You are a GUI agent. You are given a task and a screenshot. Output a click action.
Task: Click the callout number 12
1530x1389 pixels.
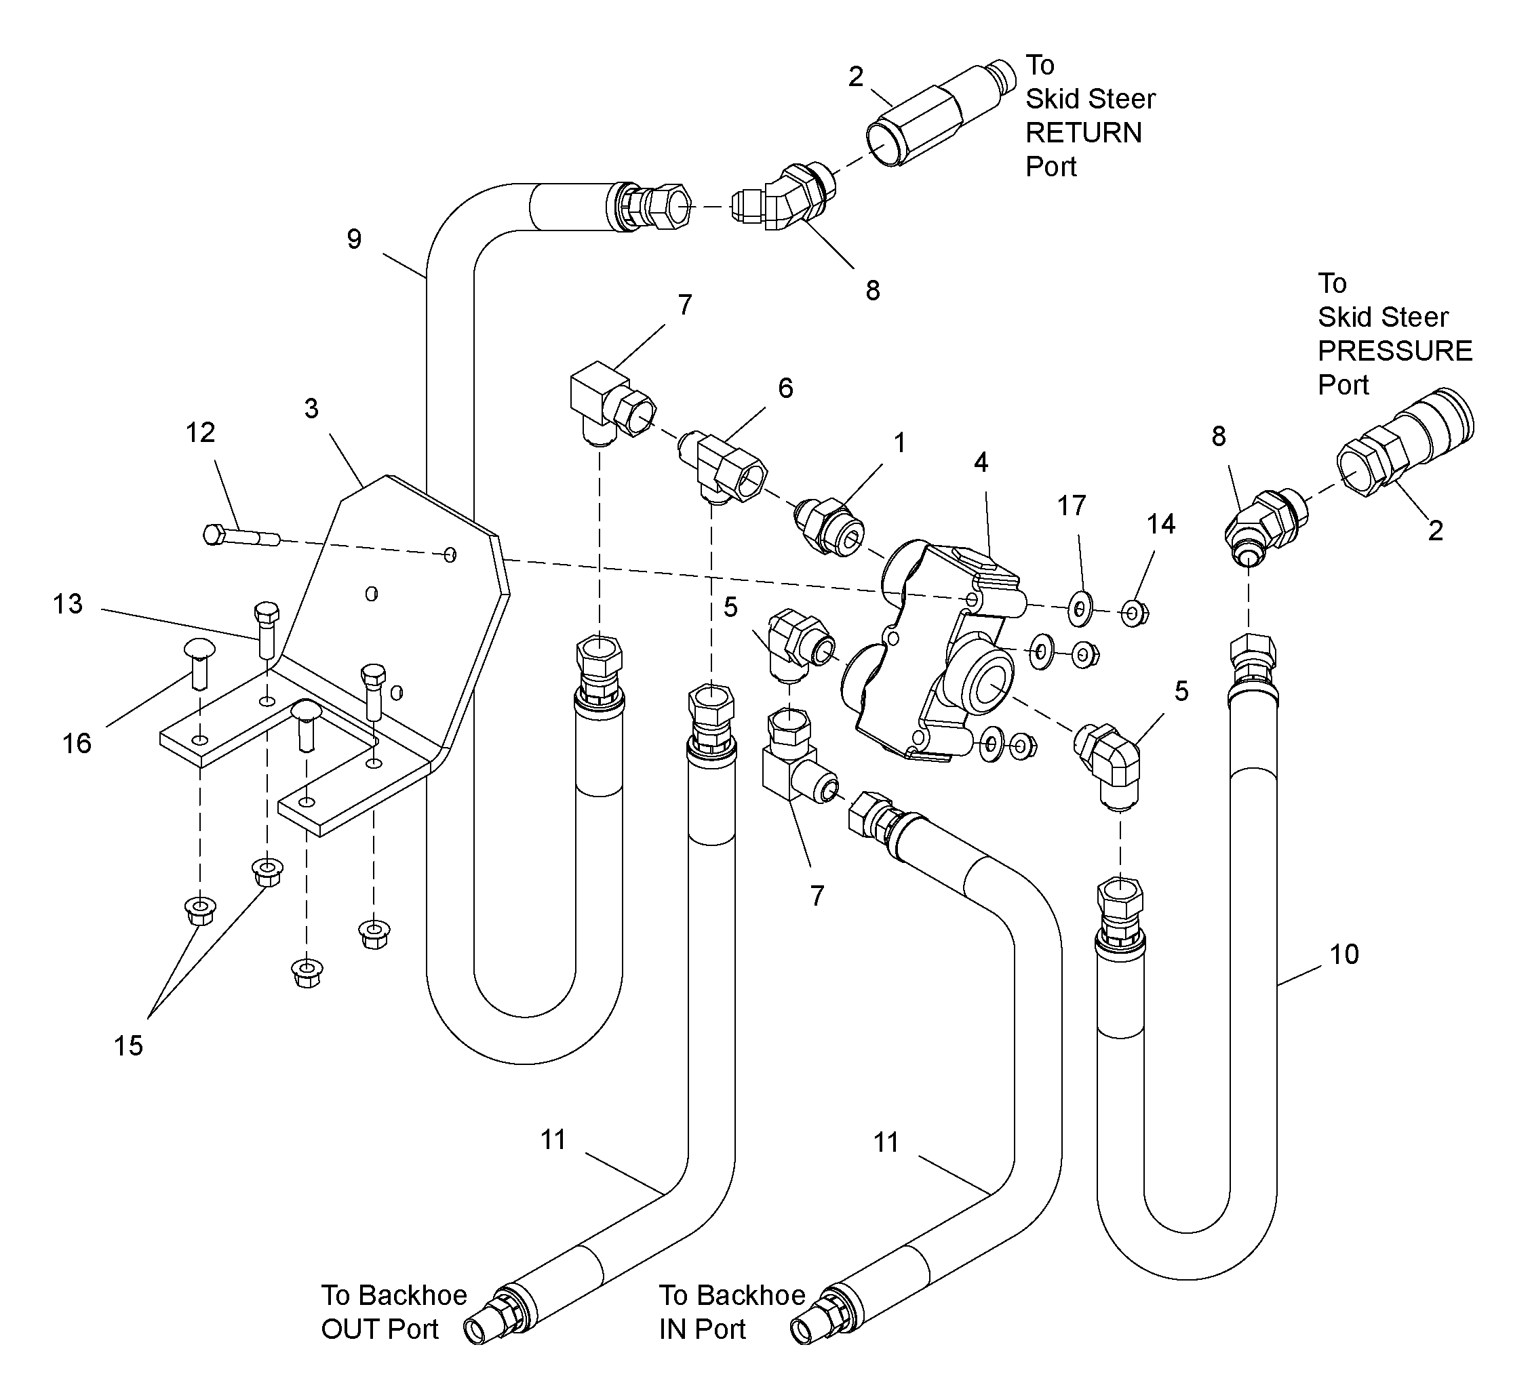point(200,432)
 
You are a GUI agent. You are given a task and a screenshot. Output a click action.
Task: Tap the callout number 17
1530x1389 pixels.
point(1072,505)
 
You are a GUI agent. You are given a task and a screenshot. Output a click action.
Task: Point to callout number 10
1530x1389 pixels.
point(1344,954)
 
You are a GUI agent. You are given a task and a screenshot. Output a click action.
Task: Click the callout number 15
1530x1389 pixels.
point(128,1046)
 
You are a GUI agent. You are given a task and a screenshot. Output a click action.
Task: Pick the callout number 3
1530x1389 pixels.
point(311,409)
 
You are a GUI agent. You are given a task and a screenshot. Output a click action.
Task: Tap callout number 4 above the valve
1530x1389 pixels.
point(981,463)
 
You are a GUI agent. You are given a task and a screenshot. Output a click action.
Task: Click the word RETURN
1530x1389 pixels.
point(1083,133)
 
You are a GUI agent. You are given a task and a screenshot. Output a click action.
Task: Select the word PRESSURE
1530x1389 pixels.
point(1395,351)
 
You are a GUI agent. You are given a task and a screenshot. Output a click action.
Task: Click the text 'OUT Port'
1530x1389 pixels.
point(380,1329)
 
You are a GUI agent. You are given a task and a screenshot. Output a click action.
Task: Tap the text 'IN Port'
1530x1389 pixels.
point(702,1329)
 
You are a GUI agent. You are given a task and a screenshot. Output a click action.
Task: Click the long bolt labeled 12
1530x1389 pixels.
point(242,536)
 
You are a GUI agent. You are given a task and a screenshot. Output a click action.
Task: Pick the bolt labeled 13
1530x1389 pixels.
point(267,630)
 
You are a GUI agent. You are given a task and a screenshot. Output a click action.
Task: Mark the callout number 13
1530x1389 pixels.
point(68,604)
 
